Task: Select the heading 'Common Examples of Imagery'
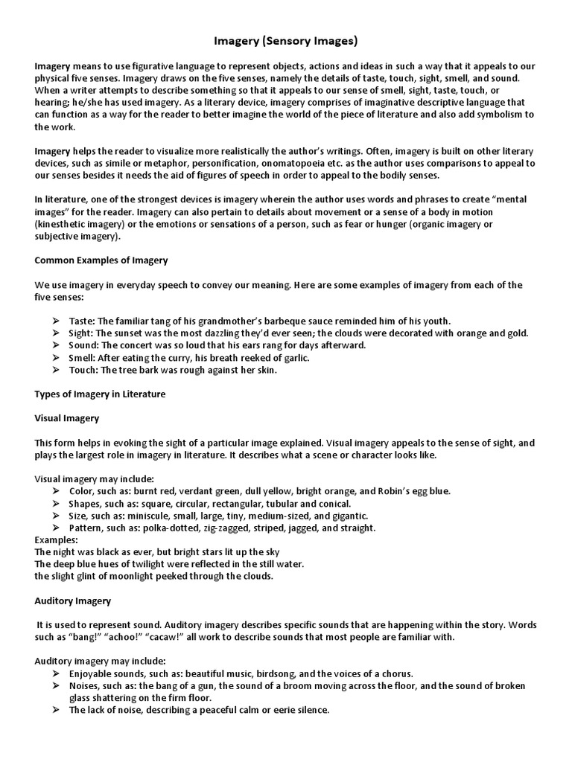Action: [101, 260]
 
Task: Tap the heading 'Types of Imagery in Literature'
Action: [100, 394]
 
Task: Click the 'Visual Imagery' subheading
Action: [67, 418]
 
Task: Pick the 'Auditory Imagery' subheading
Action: [73, 600]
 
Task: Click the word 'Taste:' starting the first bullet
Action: [83, 321]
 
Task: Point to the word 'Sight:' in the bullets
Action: [83, 333]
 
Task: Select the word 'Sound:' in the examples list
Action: [84, 345]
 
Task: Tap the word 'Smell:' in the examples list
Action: [83, 358]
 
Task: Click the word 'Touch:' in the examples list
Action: [84, 370]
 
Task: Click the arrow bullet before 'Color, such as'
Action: [57, 491]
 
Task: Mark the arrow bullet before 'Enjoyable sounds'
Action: [57, 673]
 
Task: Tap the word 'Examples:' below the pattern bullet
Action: [56, 540]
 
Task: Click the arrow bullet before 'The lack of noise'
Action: [57, 710]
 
